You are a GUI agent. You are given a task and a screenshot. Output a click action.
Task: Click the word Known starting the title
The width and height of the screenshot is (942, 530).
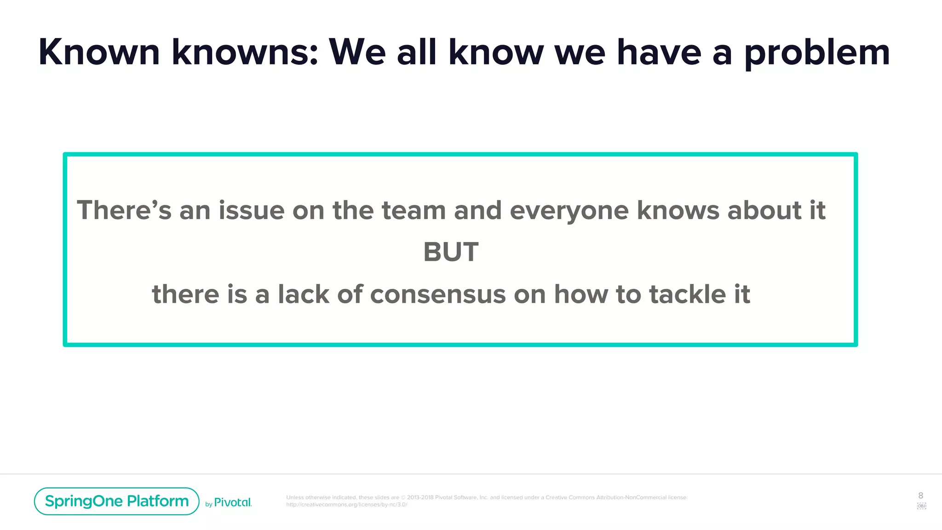coord(99,52)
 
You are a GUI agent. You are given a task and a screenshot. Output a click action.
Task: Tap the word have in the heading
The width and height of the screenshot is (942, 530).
coord(659,52)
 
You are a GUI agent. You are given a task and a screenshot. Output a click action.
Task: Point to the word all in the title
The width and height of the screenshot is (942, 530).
coord(416,52)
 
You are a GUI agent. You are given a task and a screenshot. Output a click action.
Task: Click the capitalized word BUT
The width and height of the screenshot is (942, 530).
coord(451,252)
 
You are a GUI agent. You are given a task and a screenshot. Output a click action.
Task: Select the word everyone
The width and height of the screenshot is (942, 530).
coord(569,212)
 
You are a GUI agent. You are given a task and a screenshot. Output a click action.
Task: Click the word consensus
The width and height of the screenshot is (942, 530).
coord(438,294)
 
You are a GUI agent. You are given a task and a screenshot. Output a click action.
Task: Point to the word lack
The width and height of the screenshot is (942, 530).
coord(303,294)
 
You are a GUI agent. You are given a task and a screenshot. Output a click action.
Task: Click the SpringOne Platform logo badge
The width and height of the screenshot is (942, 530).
coord(116,501)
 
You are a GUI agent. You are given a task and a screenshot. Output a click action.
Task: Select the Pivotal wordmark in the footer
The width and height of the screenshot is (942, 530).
coord(233,502)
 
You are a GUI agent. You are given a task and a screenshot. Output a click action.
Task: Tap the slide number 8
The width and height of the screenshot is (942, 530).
coord(920,495)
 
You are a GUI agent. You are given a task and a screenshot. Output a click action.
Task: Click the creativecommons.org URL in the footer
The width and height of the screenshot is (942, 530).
coord(346,505)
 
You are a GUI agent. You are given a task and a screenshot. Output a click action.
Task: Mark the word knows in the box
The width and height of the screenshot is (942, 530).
coord(678,211)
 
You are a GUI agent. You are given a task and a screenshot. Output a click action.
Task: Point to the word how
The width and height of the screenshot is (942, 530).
coord(581,294)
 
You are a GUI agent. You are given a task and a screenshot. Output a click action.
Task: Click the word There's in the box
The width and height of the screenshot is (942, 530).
coord(124,211)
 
